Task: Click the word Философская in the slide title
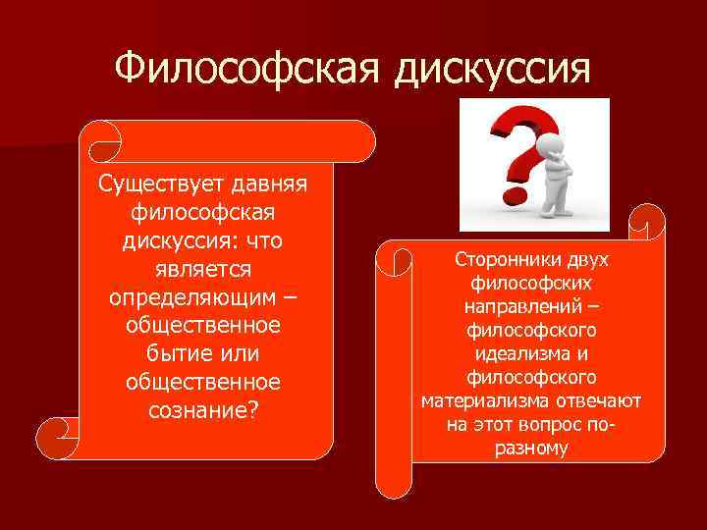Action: click(249, 69)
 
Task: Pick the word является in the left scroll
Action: click(204, 268)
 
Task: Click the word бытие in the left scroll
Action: click(166, 352)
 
